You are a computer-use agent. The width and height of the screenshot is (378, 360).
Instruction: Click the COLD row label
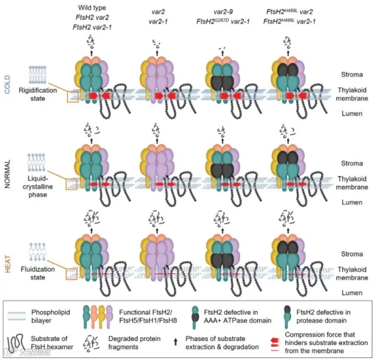coord(7,84)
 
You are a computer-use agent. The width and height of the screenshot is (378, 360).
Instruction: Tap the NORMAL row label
coord(7,174)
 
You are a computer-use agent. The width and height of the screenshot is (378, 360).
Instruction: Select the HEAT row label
coord(8,264)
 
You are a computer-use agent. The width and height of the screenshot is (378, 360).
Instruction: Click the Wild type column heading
coord(92,8)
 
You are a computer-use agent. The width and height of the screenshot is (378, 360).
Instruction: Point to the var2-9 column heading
coord(223,11)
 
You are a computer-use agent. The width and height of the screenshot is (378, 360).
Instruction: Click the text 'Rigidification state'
coord(38,95)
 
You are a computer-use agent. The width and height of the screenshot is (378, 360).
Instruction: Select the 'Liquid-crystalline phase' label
coord(38,187)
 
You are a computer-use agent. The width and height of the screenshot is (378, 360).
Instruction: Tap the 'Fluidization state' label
coord(38,273)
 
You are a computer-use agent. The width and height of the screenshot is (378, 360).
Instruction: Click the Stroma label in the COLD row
coord(352,74)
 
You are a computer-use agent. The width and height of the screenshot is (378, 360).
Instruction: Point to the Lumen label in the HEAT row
coord(352,293)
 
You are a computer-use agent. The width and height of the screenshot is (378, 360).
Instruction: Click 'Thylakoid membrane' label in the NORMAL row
coord(352,183)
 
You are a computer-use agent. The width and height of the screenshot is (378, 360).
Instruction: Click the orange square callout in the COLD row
coord(72,97)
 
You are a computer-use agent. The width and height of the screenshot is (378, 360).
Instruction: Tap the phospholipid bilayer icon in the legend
coord(16,316)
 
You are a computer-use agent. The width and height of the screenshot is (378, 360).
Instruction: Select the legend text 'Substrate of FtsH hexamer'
coord(52,342)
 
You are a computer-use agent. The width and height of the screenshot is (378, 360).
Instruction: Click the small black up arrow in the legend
coord(176,342)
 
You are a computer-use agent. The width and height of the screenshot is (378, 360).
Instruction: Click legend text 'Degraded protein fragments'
coord(134,342)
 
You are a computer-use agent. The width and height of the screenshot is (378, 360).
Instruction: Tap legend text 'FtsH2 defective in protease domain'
coord(323,316)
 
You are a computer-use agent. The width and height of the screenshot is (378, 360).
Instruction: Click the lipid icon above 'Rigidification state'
coord(38,75)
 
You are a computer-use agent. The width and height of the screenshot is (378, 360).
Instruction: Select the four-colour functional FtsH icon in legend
coord(98,316)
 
